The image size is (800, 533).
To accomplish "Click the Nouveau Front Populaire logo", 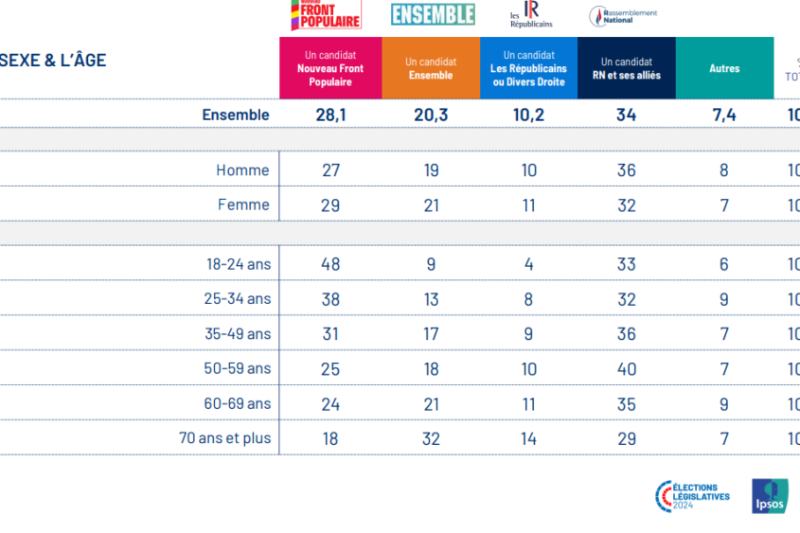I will [325, 15].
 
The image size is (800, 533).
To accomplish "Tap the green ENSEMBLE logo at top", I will [433, 14].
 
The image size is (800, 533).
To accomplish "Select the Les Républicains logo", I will [531, 15].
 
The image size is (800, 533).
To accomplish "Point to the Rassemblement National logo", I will [623, 16].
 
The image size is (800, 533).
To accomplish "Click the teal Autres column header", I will [724, 68].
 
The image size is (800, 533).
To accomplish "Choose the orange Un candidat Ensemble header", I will [431, 68].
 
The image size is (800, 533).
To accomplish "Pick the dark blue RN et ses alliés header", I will [626, 68].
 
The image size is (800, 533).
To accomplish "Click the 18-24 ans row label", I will [239, 264].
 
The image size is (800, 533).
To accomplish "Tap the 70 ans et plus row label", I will [224, 438].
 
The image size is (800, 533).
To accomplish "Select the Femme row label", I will [243, 204].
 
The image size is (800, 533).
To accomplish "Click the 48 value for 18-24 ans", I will [330, 264].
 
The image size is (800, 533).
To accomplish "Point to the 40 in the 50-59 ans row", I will [626, 368].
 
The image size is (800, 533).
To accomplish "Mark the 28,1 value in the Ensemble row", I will [330, 115].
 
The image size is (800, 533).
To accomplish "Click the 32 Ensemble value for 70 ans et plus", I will [431, 438].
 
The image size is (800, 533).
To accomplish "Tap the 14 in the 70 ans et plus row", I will [528, 438].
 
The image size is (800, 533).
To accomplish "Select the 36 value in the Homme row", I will [626, 170].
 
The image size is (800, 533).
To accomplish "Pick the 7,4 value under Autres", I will [724, 115].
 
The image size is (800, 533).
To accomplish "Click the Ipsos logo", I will [769, 496].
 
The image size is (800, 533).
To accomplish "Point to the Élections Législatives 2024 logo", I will [693, 496].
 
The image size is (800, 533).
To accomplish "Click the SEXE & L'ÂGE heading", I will [53, 61].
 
